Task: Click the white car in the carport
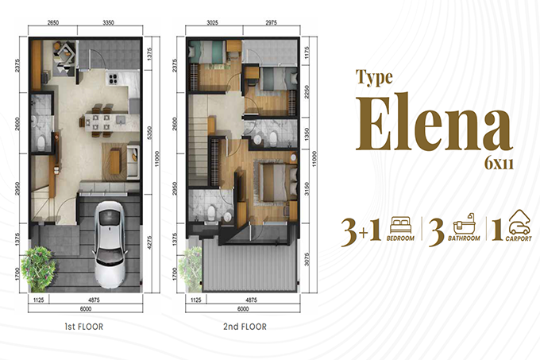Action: [110, 244]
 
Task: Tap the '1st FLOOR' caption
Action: [84, 327]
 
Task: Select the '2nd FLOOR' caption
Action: [245, 327]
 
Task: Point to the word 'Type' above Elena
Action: [374, 77]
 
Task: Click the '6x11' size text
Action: [499, 164]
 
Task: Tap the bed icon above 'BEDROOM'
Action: [400, 225]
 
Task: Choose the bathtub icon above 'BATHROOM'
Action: [465, 224]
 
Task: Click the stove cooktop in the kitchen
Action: [113, 79]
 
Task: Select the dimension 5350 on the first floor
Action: [149, 133]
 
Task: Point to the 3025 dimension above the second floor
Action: [212, 23]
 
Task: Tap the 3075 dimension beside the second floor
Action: [307, 259]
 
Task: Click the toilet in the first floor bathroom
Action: [41, 143]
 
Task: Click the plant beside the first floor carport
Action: [38, 267]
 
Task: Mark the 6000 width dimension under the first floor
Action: [86, 309]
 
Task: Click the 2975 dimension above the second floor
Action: [271, 23]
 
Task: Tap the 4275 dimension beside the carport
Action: [149, 242]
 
